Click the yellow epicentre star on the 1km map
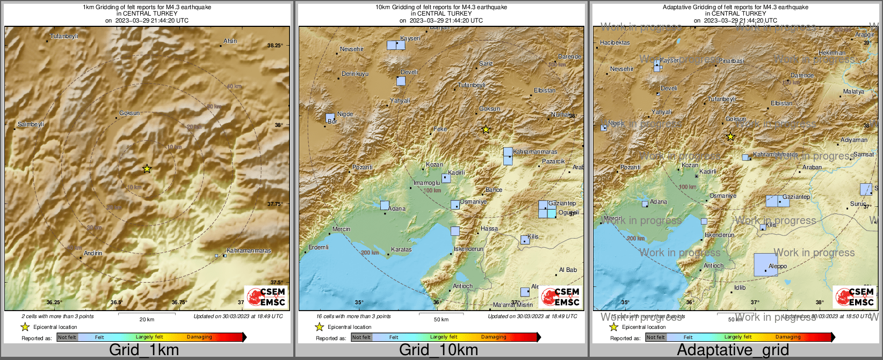point(147,169)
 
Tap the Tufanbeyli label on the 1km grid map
point(64,37)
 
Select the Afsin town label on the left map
point(230,41)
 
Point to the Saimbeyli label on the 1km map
point(31,124)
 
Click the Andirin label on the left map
point(93,253)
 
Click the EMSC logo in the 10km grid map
point(561,297)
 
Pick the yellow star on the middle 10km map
point(486,129)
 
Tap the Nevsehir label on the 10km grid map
point(352,49)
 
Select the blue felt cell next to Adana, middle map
point(385,205)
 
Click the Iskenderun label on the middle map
point(468,249)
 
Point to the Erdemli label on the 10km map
point(319,247)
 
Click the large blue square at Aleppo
point(765,264)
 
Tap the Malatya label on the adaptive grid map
point(853,91)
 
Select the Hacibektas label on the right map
point(614,42)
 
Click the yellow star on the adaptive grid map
point(730,137)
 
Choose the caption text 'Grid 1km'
point(144,350)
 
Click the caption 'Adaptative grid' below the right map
point(733,350)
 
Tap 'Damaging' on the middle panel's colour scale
point(494,337)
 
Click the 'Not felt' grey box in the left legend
point(67,337)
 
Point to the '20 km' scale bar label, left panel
point(147,319)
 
